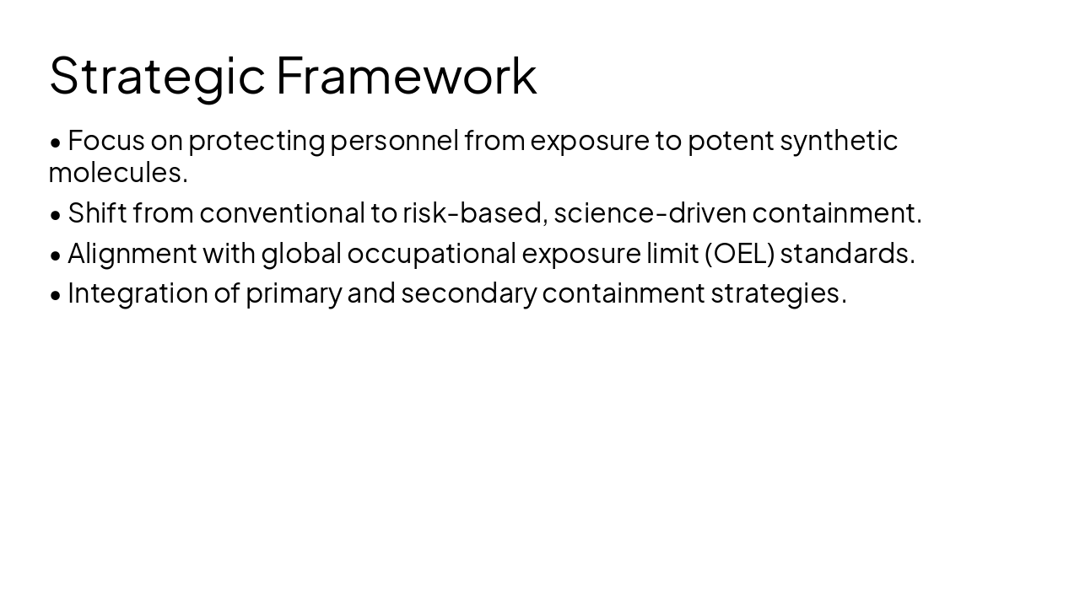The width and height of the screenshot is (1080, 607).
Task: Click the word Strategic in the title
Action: (157, 76)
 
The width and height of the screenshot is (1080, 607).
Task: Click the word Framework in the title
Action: (406, 76)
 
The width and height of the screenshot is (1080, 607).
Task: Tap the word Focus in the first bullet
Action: (105, 140)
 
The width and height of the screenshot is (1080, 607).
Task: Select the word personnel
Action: (394, 140)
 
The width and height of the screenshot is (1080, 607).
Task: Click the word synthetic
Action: (838, 140)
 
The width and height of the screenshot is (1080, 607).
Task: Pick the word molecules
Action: (117, 173)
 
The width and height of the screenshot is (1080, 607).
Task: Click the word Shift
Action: (97, 213)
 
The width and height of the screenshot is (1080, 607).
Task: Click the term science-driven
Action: (650, 213)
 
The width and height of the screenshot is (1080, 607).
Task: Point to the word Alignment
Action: (132, 253)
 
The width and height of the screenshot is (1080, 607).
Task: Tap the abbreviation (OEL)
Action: (739, 253)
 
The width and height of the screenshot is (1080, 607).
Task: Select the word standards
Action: (846, 253)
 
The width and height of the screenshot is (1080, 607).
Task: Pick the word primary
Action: (294, 293)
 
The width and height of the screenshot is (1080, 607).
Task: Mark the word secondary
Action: (468, 293)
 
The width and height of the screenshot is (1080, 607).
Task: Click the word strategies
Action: (778, 293)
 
